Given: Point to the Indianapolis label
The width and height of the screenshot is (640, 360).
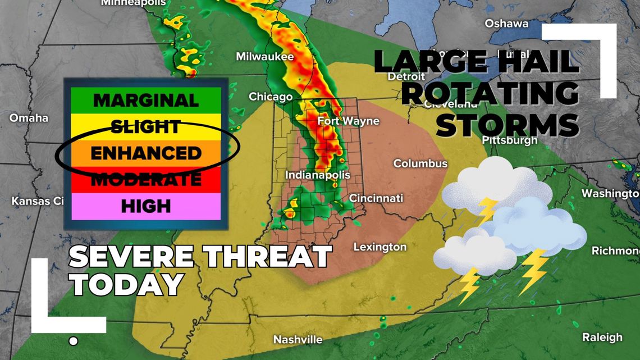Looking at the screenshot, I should click(318, 175).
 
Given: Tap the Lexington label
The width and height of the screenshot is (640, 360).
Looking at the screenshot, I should click(380, 247).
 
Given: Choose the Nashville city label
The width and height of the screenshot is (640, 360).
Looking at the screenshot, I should click(298, 340).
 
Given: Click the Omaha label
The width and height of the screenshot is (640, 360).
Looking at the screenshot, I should click(29, 118).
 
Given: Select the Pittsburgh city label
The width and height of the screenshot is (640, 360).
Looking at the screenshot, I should click(510, 140).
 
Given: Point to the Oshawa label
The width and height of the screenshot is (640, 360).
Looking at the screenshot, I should click(506, 24).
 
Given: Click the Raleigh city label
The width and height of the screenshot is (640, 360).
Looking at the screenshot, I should click(602, 338).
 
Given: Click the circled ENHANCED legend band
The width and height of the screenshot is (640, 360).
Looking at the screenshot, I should click(146, 153).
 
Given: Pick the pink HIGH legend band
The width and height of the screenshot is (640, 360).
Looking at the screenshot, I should click(146, 206).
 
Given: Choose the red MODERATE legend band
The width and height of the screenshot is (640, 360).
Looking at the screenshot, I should click(146, 180).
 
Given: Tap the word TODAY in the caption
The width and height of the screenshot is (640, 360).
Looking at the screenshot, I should click(127, 284).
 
